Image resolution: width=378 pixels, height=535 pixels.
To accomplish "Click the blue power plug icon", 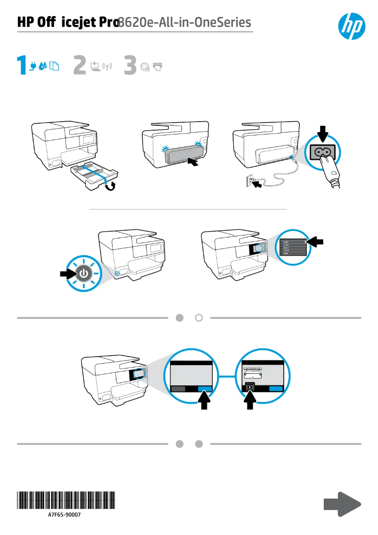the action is (x=33, y=67).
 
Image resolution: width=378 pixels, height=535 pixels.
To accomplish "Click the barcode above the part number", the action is (x=66, y=499).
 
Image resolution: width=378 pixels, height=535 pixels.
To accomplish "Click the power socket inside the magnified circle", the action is (x=323, y=152).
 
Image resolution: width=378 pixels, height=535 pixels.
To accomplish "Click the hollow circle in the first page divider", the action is (x=199, y=318).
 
